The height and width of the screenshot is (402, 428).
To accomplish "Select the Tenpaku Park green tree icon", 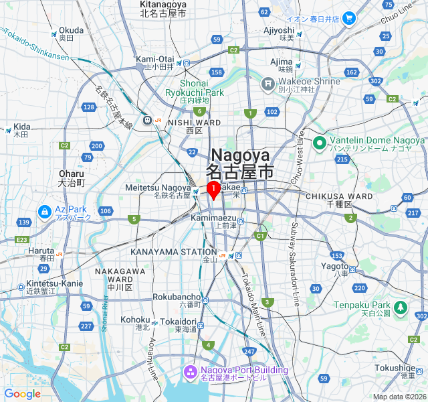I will tap(400, 308).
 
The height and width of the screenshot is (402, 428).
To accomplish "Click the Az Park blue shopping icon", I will tap(45, 212).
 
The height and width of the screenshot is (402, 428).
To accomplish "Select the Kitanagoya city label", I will tap(163, 9).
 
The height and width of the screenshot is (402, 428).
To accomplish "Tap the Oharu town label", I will tap(72, 178).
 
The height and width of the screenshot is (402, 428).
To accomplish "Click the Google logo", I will tap(22, 394).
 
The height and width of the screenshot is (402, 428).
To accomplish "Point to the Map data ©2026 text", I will tap(398, 397).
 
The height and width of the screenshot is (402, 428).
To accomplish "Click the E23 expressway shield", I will tap(23, 239).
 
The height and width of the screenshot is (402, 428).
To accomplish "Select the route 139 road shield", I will tap(24, 222).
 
